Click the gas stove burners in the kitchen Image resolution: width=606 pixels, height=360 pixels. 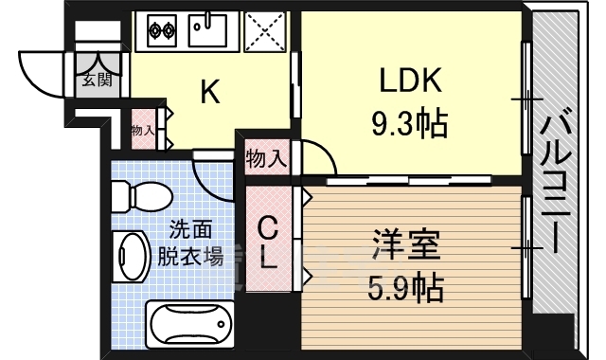[x=162, y=30]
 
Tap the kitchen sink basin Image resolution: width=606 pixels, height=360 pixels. [x=207, y=30]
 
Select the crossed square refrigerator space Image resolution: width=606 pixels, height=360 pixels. [x=264, y=30]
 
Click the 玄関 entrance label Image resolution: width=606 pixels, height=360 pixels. [x=97, y=80]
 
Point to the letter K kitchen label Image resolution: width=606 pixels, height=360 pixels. [x=210, y=91]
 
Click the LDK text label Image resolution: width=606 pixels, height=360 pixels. [x=410, y=80]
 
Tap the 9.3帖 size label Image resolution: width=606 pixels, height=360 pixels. [x=410, y=124]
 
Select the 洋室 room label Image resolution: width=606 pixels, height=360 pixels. [x=406, y=244]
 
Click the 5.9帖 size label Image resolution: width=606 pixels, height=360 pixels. [x=405, y=288]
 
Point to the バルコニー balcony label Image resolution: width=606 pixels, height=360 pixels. [x=556, y=181]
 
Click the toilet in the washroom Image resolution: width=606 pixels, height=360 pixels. [x=141, y=197]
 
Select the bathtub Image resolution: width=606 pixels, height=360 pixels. [x=190, y=324]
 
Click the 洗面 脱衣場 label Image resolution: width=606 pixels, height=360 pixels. [x=190, y=243]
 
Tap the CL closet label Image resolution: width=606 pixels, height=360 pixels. [x=268, y=243]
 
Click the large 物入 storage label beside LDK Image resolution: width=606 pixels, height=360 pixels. [x=267, y=158]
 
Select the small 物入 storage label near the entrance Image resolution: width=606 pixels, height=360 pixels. [x=143, y=131]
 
